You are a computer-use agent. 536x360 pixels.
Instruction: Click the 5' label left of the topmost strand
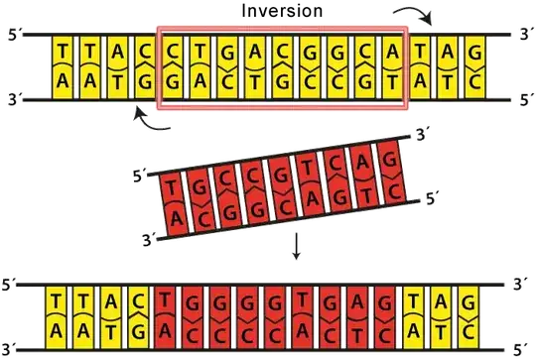pos(11,37)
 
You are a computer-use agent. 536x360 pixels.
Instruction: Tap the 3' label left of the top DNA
pos(11,99)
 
